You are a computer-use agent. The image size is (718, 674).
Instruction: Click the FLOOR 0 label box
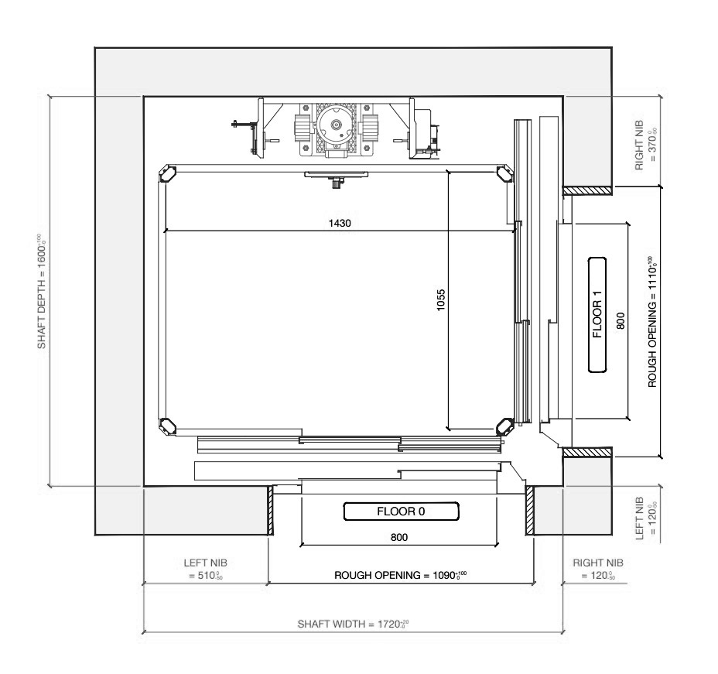pos(401,511)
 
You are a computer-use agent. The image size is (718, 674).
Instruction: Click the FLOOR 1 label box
pos(597,315)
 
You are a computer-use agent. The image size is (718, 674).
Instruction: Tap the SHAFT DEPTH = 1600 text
pos(42,290)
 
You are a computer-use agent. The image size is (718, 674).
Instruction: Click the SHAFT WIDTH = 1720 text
pos(353,624)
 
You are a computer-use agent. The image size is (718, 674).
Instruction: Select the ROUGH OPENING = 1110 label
pos(652,320)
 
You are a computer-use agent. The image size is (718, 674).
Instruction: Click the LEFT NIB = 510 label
pos(205,570)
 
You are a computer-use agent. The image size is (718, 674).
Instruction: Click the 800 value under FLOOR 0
pos(399,535)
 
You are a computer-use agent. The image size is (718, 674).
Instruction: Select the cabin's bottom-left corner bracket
pos(166,424)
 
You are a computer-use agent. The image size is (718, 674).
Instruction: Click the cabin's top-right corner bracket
pos(505,173)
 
